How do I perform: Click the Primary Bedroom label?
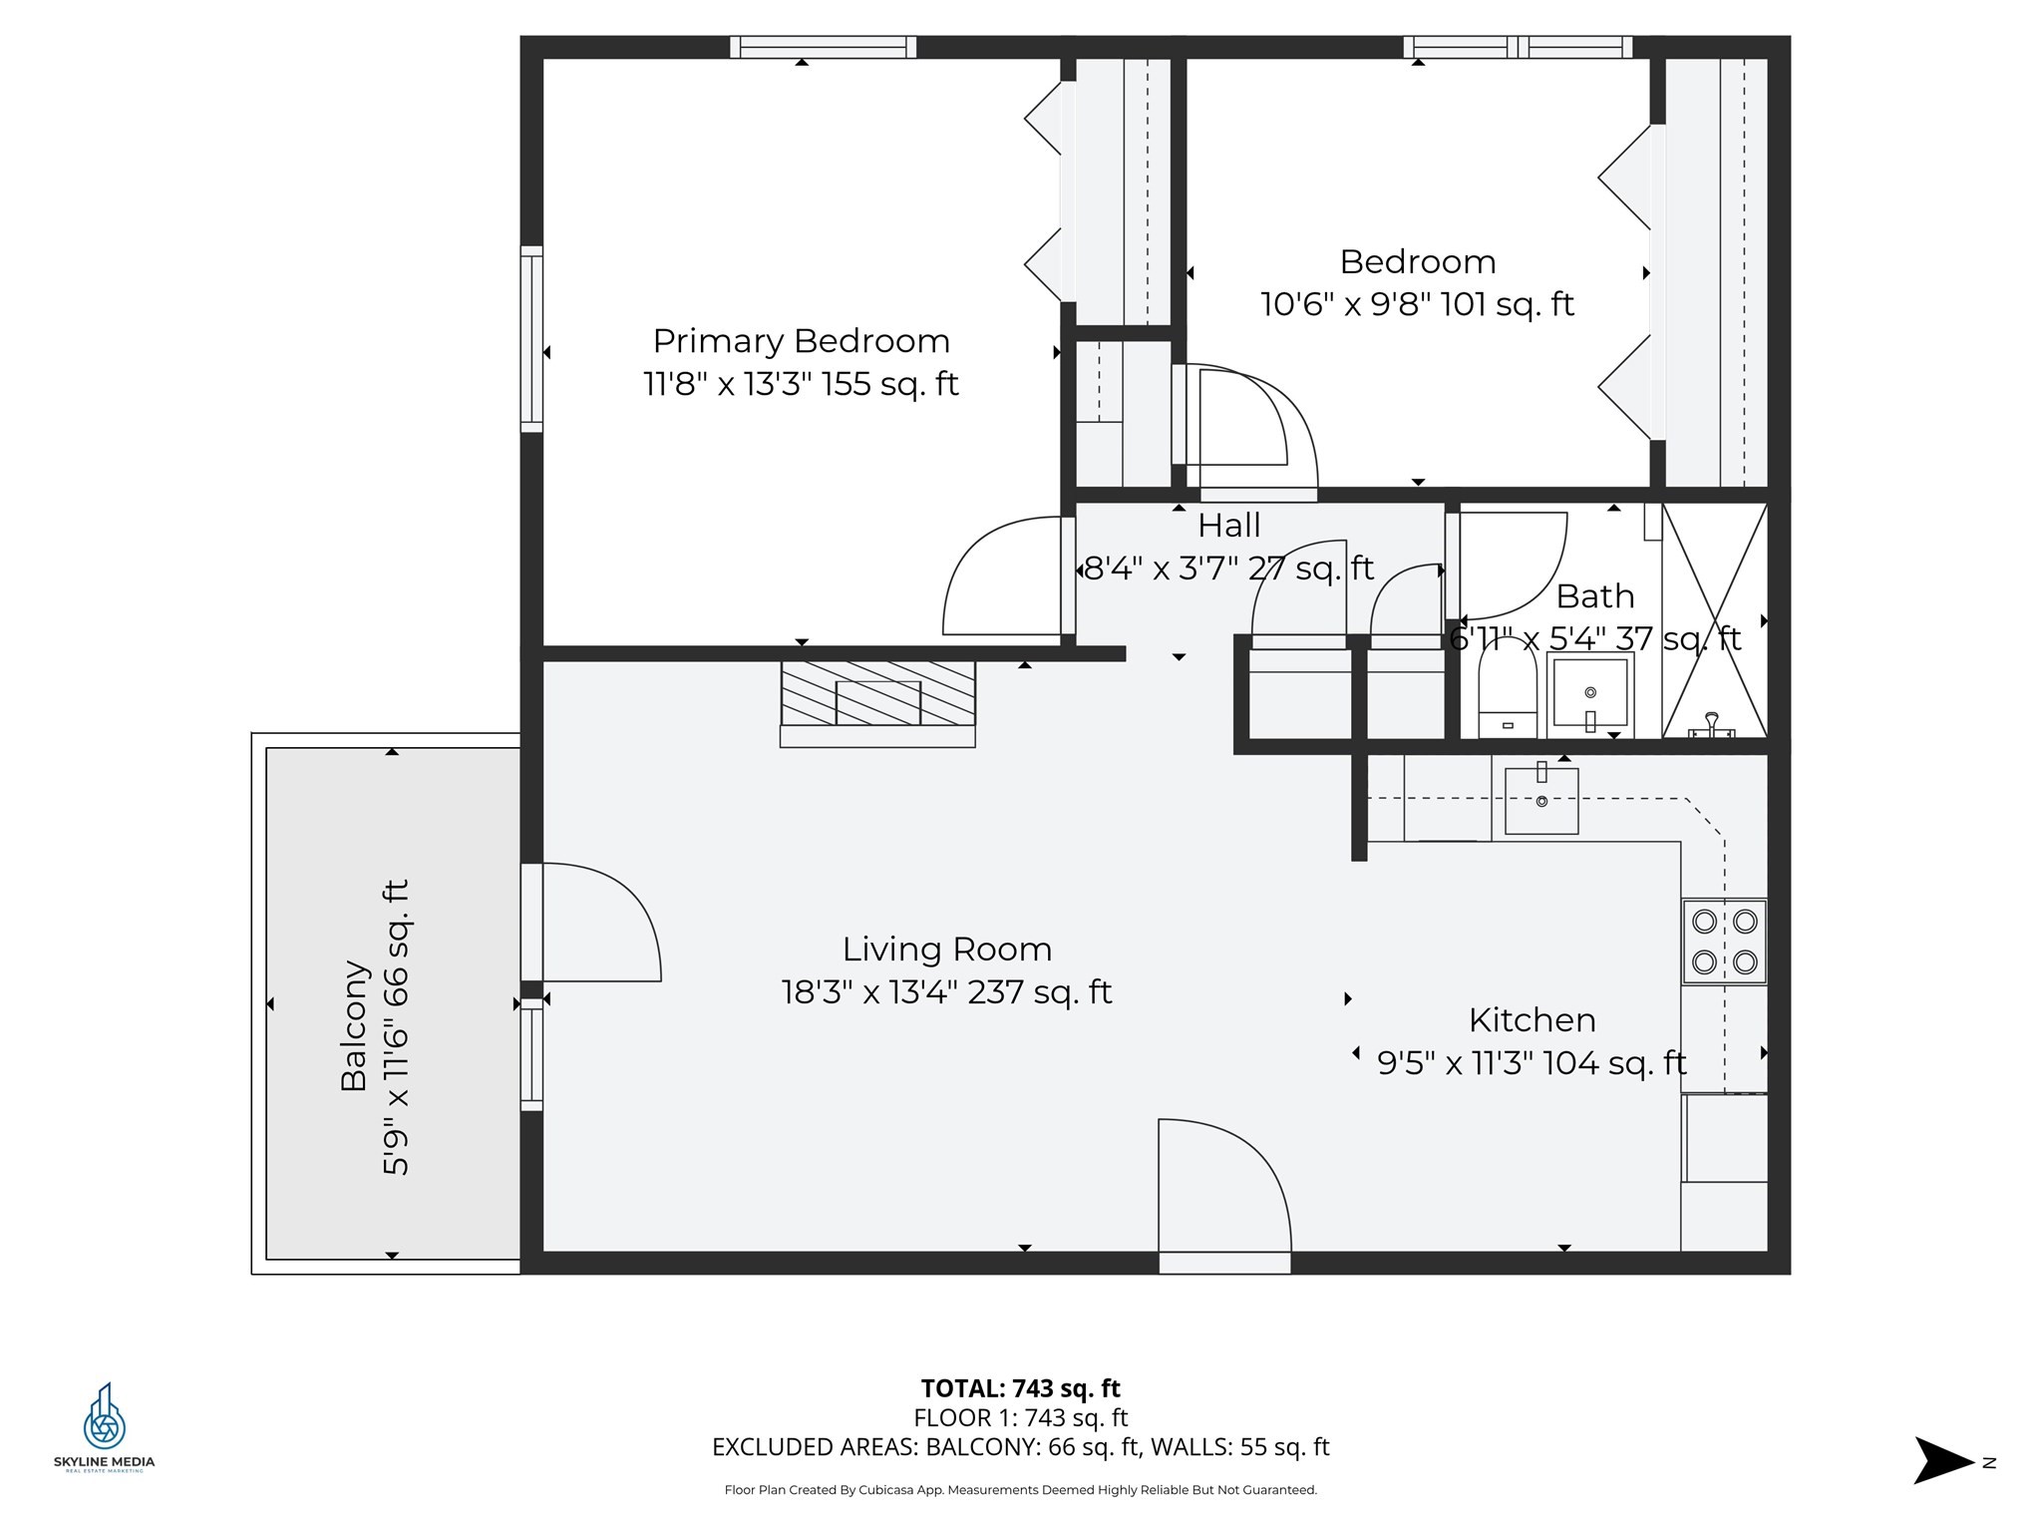pos(801,341)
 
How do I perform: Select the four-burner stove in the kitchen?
pos(1724,942)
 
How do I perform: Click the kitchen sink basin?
pos(1541,799)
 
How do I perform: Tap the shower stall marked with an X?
pos(1714,620)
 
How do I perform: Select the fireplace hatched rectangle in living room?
pos(877,694)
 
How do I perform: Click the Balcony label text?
pos(354,1025)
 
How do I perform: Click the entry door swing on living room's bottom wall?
pos(1224,1187)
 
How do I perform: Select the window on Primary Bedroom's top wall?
pos(823,47)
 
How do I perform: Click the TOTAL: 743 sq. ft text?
pos(1020,1388)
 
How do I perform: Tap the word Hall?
pos(1228,526)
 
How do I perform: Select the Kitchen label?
pos(1531,1020)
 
